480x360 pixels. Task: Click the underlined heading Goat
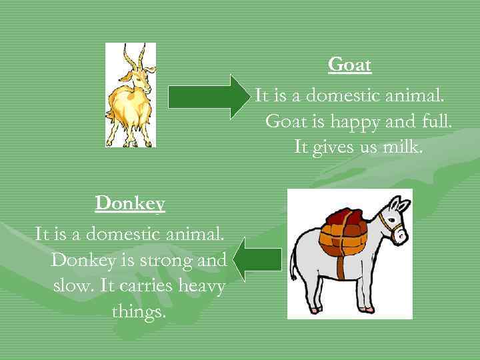349,65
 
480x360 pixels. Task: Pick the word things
139,311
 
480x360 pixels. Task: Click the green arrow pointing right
207,97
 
